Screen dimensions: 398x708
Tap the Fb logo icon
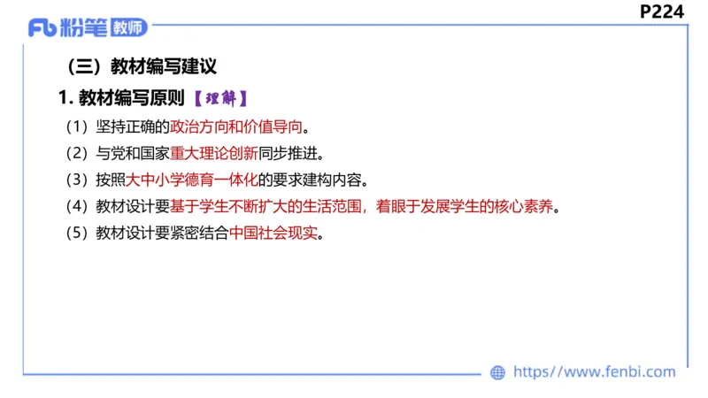(x=43, y=28)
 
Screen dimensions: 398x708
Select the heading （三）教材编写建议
(x=142, y=66)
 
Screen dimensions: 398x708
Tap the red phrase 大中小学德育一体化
(x=191, y=180)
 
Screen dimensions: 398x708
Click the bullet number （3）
(x=76, y=180)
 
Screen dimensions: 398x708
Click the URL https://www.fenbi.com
(x=595, y=372)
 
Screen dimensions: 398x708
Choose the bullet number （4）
(x=76, y=208)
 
